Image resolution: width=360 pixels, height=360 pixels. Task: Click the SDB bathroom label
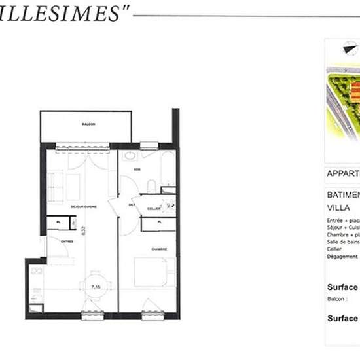pos(137,170)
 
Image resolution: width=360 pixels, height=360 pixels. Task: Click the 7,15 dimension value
pos(96,287)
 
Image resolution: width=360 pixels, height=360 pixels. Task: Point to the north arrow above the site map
pos(346,47)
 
